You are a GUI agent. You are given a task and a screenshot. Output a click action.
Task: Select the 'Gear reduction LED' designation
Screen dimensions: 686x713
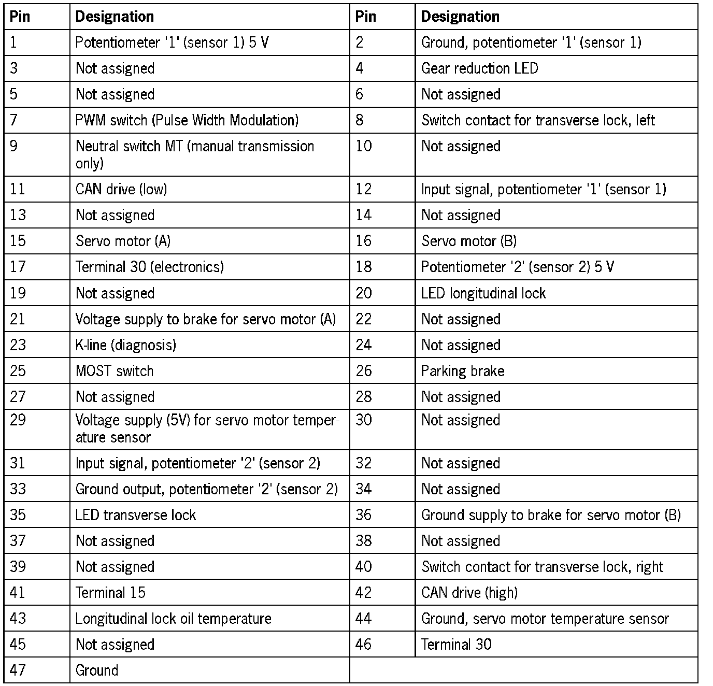click(479, 68)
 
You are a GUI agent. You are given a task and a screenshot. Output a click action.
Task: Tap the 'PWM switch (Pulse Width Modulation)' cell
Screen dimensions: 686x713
click(187, 120)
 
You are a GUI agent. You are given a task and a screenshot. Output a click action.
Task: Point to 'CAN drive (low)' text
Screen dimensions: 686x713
click(121, 189)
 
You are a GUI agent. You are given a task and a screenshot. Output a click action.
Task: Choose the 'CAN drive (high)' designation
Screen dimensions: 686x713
click(469, 593)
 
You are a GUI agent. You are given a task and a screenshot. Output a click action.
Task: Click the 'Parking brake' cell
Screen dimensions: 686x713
click(462, 371)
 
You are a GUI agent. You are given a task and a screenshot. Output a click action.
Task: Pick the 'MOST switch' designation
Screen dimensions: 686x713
click(115, 371)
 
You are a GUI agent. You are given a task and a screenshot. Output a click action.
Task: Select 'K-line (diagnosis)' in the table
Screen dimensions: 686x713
click(125, 345)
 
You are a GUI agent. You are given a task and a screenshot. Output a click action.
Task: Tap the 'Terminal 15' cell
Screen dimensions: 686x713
click(110, 593)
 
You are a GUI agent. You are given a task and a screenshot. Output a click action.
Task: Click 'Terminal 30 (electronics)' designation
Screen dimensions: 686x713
click(149, 267)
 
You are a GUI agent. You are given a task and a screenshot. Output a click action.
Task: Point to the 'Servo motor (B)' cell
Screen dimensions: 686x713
click(468, 241)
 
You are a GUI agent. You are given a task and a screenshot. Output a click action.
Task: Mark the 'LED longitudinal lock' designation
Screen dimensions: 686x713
click(483, 293)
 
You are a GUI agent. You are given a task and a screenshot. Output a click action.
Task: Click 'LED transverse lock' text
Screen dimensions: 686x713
click(135, 515)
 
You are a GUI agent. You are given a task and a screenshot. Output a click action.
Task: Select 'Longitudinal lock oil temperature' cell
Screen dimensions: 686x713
click(173, 619)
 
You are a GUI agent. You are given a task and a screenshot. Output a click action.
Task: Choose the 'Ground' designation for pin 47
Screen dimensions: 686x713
click(97, 670)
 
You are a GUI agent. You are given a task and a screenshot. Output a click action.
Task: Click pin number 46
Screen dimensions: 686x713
click(363, 645)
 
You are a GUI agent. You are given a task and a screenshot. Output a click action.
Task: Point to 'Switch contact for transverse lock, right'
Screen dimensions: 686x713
click(542, 567)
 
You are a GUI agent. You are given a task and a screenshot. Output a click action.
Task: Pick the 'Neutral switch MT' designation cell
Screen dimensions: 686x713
click(194, 154)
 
